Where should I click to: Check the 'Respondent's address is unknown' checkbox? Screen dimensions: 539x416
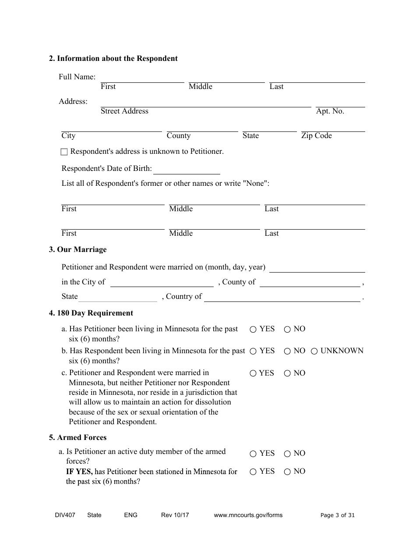point(64,152)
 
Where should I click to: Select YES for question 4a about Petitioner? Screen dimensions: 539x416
point(253,330)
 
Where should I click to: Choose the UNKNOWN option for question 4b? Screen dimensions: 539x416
point(314,351)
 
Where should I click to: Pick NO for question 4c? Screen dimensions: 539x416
point(287,374)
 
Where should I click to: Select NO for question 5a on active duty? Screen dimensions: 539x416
point(287,454)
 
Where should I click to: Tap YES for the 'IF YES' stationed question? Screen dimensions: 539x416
point(253,472)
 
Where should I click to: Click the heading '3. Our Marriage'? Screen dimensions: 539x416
point(78,250)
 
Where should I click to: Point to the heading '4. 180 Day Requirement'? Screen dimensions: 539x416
point(91,313)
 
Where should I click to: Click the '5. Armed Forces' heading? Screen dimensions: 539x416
point(78,438)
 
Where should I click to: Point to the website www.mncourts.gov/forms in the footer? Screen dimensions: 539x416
point(248,515)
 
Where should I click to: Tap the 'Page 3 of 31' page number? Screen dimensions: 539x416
point(338,515)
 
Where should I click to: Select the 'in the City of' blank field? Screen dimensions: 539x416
point(162,283)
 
